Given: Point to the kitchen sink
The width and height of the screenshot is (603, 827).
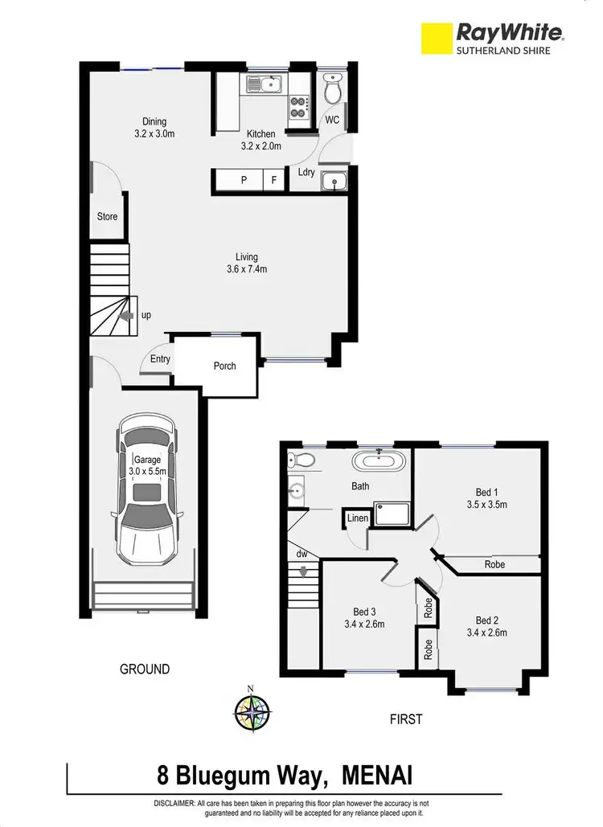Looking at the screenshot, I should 263,83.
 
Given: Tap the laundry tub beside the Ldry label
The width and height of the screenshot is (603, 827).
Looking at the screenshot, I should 333,182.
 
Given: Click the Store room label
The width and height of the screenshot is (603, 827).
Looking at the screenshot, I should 107,217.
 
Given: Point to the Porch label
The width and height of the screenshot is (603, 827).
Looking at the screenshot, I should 225,366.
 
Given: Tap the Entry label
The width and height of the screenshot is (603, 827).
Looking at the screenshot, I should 160,359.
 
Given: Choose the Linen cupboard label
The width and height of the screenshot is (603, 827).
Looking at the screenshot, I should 358,518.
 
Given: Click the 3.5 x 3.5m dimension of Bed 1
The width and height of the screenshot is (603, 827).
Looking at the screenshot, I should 487,505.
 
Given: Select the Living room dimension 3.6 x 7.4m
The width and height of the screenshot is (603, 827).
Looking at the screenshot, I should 247,269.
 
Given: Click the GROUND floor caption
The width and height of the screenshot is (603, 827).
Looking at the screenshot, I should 145,669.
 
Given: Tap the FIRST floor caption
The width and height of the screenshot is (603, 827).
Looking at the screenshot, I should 406,719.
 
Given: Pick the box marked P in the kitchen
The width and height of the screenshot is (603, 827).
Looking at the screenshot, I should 244,181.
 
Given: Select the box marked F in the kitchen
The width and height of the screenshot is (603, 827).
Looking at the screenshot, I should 274,181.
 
